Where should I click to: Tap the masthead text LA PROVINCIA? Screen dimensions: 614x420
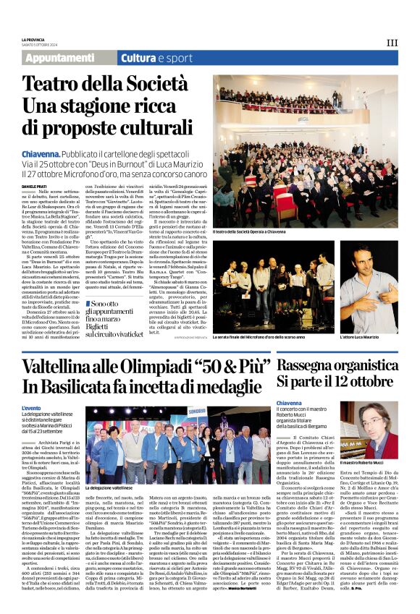click(x=33, y=39)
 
